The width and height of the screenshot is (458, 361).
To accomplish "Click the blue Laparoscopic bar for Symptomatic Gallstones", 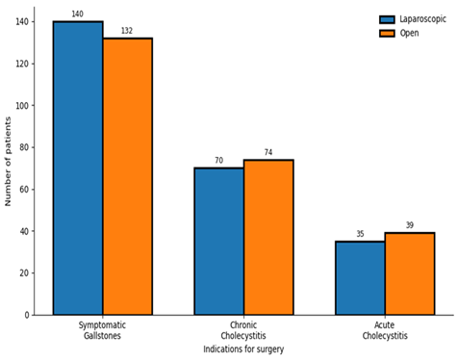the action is [x=78, y=168].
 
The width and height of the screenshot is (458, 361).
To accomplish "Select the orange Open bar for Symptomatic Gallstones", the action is [x=128, y=176].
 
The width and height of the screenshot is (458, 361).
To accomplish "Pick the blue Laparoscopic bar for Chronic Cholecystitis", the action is [x=219, y=242].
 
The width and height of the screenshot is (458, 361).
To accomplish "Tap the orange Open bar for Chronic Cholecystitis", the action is [x=268, y=237].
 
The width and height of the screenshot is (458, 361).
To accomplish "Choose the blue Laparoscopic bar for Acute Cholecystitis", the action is [x=360, y=278].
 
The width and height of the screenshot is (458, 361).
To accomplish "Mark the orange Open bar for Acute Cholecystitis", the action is [x=410, y=273].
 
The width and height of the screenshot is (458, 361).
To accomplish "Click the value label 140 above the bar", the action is [x=78, y=13].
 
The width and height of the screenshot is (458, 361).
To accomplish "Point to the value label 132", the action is [x=127, y=31].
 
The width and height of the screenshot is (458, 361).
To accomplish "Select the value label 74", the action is [x=268, y=152].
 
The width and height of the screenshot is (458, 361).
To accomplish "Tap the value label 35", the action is [x=360, y=234].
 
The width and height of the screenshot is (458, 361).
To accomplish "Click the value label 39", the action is [x=410, y=225].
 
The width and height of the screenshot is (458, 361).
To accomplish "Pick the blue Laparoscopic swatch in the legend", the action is [x=387, y=19].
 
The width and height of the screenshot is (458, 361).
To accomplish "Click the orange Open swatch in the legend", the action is [x=387, y=34].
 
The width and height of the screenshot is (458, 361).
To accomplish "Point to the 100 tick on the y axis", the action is [x=22, y=105].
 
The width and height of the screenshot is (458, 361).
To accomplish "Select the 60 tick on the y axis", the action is [x=24, y=190].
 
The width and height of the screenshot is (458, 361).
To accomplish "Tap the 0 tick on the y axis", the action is [x=27, y=315].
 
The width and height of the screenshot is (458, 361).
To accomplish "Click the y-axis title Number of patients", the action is [x=8, y=162].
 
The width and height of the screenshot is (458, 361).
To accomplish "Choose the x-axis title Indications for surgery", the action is [x=243, y=349].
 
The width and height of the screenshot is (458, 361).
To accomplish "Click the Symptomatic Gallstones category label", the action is [x=102, y=330].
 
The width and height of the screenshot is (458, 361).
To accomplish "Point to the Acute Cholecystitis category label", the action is [x=385, y=330].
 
